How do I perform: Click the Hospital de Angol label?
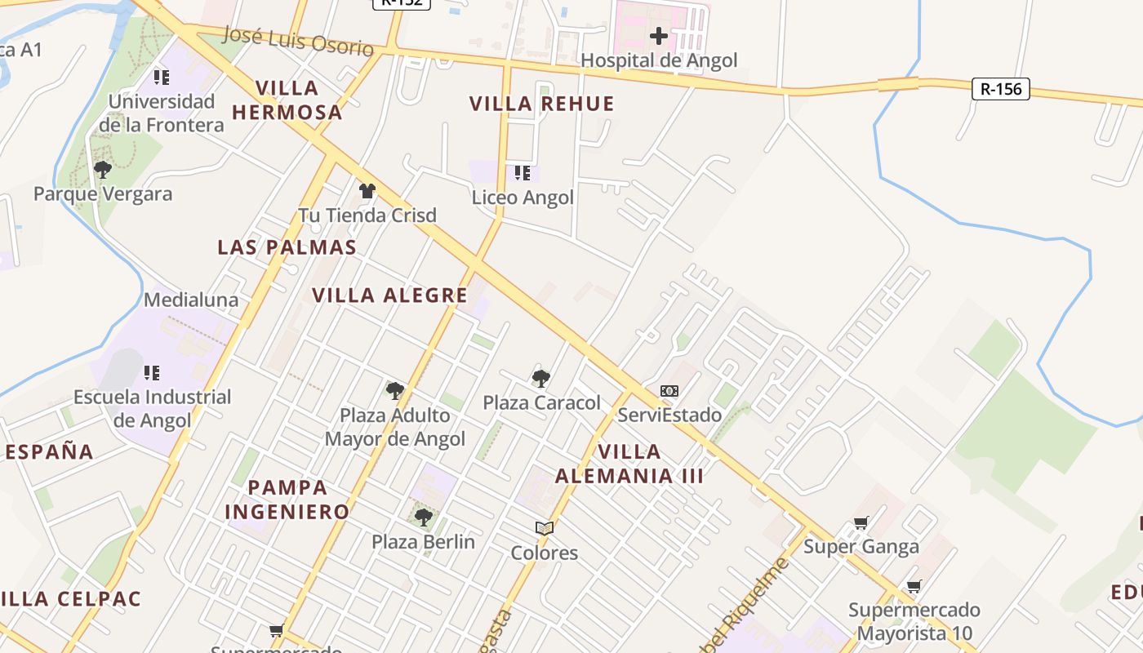click(x=658, y=60)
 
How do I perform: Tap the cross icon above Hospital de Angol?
click(x=658, y=36)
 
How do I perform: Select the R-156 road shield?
click(x=1000, y=89)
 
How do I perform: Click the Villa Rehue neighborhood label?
click(x=541, y=104)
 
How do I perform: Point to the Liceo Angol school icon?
click(x=523, y=173)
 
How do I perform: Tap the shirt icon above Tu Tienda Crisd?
click(x=367, y=191)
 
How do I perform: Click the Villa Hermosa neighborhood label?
click(x=287, y=100)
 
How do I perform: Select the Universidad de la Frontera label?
click(x=162, y=113)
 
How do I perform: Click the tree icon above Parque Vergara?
click(x=103, y=170)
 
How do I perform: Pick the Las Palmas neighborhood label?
click(x=287, y=247)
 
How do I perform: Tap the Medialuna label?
click(x=191, y=300)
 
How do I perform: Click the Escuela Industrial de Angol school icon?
click(x=152, y=373)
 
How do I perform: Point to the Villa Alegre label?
click(x=389, y=295)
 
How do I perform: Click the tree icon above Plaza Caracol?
click(x=540, y=378)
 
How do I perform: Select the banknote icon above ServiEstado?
click(x=669, y=391)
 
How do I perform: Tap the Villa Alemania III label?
click(x=629, y=464)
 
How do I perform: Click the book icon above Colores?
click(x=545, y=528)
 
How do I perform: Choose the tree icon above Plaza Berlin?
click(x=423, y=517)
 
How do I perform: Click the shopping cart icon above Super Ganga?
click(x=861, y=522)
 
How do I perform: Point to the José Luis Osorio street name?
click(x=297, y=41)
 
